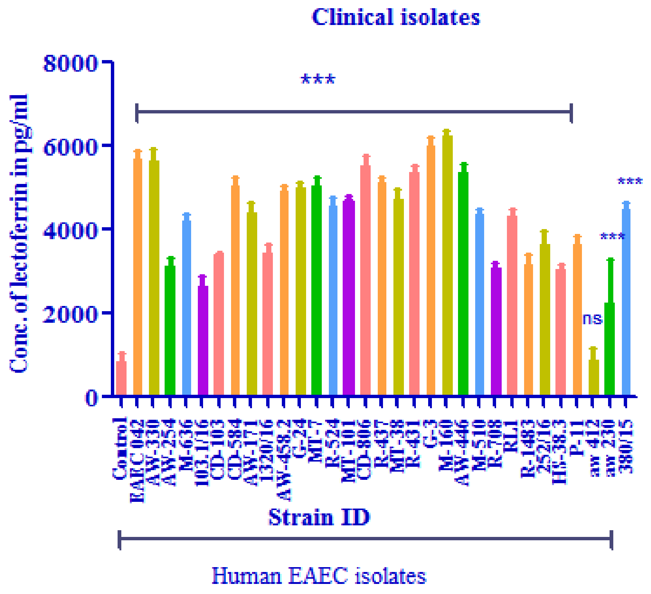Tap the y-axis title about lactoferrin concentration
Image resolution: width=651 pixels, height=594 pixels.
pos(19,233)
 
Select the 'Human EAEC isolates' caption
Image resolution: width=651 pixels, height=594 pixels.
pos(319,575)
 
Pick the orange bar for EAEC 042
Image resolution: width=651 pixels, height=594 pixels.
pos(138,276)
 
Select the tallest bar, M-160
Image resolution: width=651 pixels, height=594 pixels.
pos(447,265)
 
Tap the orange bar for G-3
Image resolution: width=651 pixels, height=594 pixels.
pos(431,269)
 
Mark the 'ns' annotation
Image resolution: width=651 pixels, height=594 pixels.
pos(592,319)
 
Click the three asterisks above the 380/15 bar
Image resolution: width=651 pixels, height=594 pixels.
pos(630,182)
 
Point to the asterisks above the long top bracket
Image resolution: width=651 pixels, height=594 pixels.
pos(318,79)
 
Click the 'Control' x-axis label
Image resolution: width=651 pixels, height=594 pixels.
pos(119,448)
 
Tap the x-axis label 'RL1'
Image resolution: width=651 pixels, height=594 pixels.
pos(511,437)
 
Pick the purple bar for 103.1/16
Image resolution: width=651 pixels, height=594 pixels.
pos(203,340)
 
